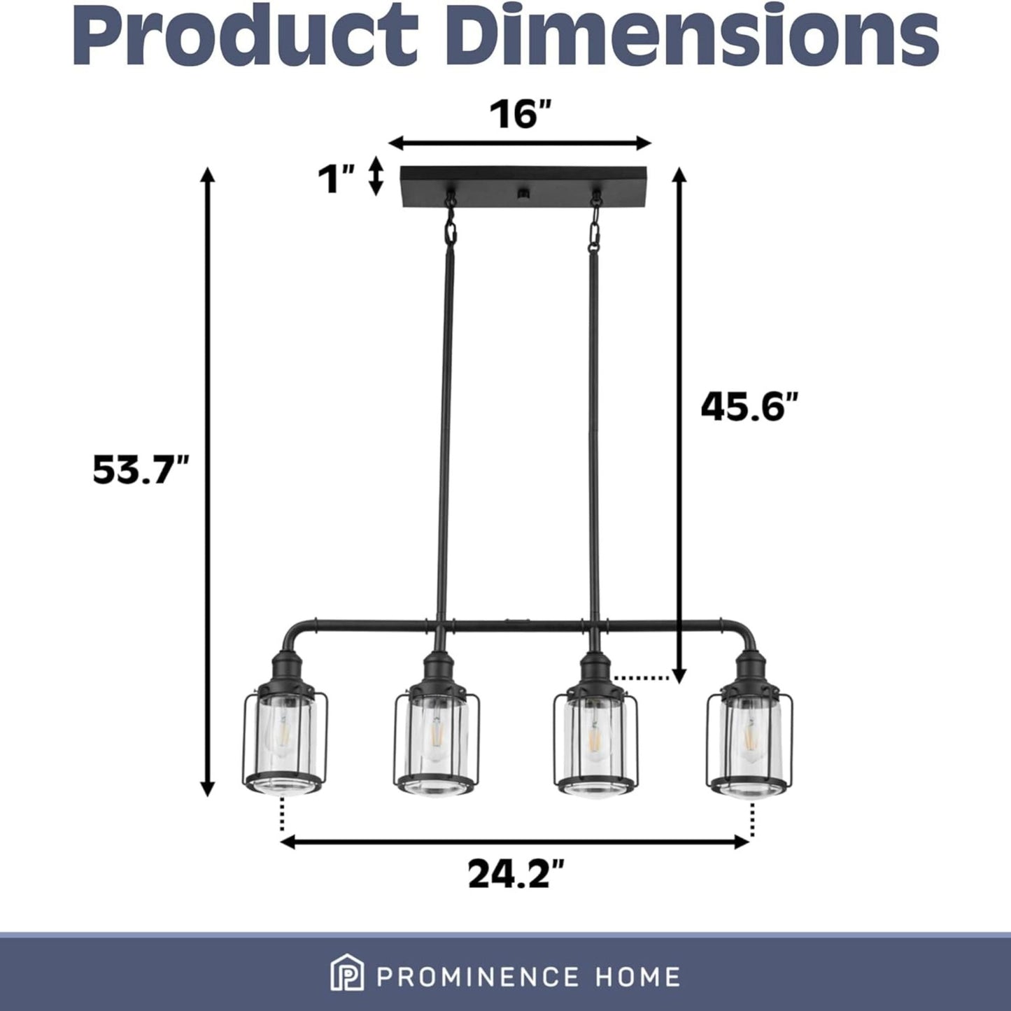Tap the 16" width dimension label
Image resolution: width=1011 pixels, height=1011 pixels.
pyautogui.click(x=521, y=115)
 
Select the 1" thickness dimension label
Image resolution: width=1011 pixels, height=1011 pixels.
pyautogui.click(x=337, y=179)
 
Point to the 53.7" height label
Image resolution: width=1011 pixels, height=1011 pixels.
pyautogui.click(x=141, y=470)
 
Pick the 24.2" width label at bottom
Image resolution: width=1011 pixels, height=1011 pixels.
pyautogui.click(x=516, y=875)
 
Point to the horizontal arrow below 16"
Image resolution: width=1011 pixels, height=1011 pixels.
pyautogui.click(x=520, y=143)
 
